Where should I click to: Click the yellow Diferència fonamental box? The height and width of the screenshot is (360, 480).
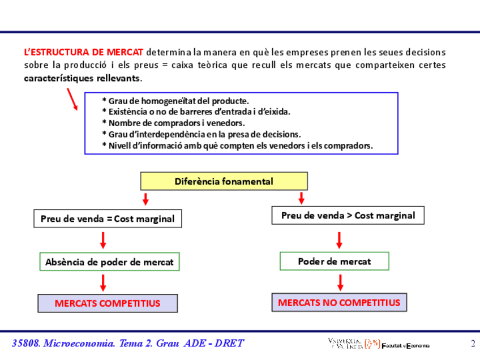(224, 181)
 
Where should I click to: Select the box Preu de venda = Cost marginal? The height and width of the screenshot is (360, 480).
(108, 218)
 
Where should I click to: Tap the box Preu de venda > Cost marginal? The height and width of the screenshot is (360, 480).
(348, 215)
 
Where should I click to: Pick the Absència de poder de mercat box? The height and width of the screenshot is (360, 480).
(110, 262)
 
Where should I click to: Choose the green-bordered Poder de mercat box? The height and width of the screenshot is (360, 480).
(334, 261)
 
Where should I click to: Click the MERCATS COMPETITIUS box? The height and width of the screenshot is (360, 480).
(107, 303)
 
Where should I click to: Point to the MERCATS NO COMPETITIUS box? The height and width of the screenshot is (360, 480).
(338, 302)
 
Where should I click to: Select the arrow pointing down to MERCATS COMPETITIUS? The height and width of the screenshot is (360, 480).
(103, 282)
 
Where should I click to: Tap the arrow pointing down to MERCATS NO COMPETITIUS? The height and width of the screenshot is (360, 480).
(340, 281)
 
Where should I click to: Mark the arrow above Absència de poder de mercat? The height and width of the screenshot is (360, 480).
(103, 240)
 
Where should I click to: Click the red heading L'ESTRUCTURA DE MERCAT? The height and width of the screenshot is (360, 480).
(84, 52)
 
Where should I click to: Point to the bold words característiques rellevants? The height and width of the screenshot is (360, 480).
(83, 78)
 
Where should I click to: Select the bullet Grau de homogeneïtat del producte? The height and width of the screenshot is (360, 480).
(175, 101)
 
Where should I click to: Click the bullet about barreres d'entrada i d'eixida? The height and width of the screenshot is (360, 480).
(196, 112)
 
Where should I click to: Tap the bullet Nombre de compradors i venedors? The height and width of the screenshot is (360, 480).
(173, 123)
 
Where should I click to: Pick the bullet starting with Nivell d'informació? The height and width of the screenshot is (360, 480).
(237, 145)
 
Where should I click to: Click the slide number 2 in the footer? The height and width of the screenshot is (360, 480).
(473, 343)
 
